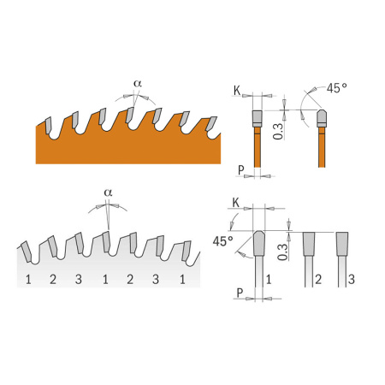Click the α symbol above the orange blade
(x=138, y=84)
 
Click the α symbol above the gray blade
(x=108, y=192)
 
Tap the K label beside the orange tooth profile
(x=237, y=91)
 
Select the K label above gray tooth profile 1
(x=236, y=203)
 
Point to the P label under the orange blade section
(x=241, y=170)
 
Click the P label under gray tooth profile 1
(x=240, y=293)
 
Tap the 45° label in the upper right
(x=337, y=88)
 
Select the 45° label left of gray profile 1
(x=222, y=241)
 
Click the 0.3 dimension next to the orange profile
(x=278, y=131)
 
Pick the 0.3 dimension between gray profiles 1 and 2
(x=282, y=252)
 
